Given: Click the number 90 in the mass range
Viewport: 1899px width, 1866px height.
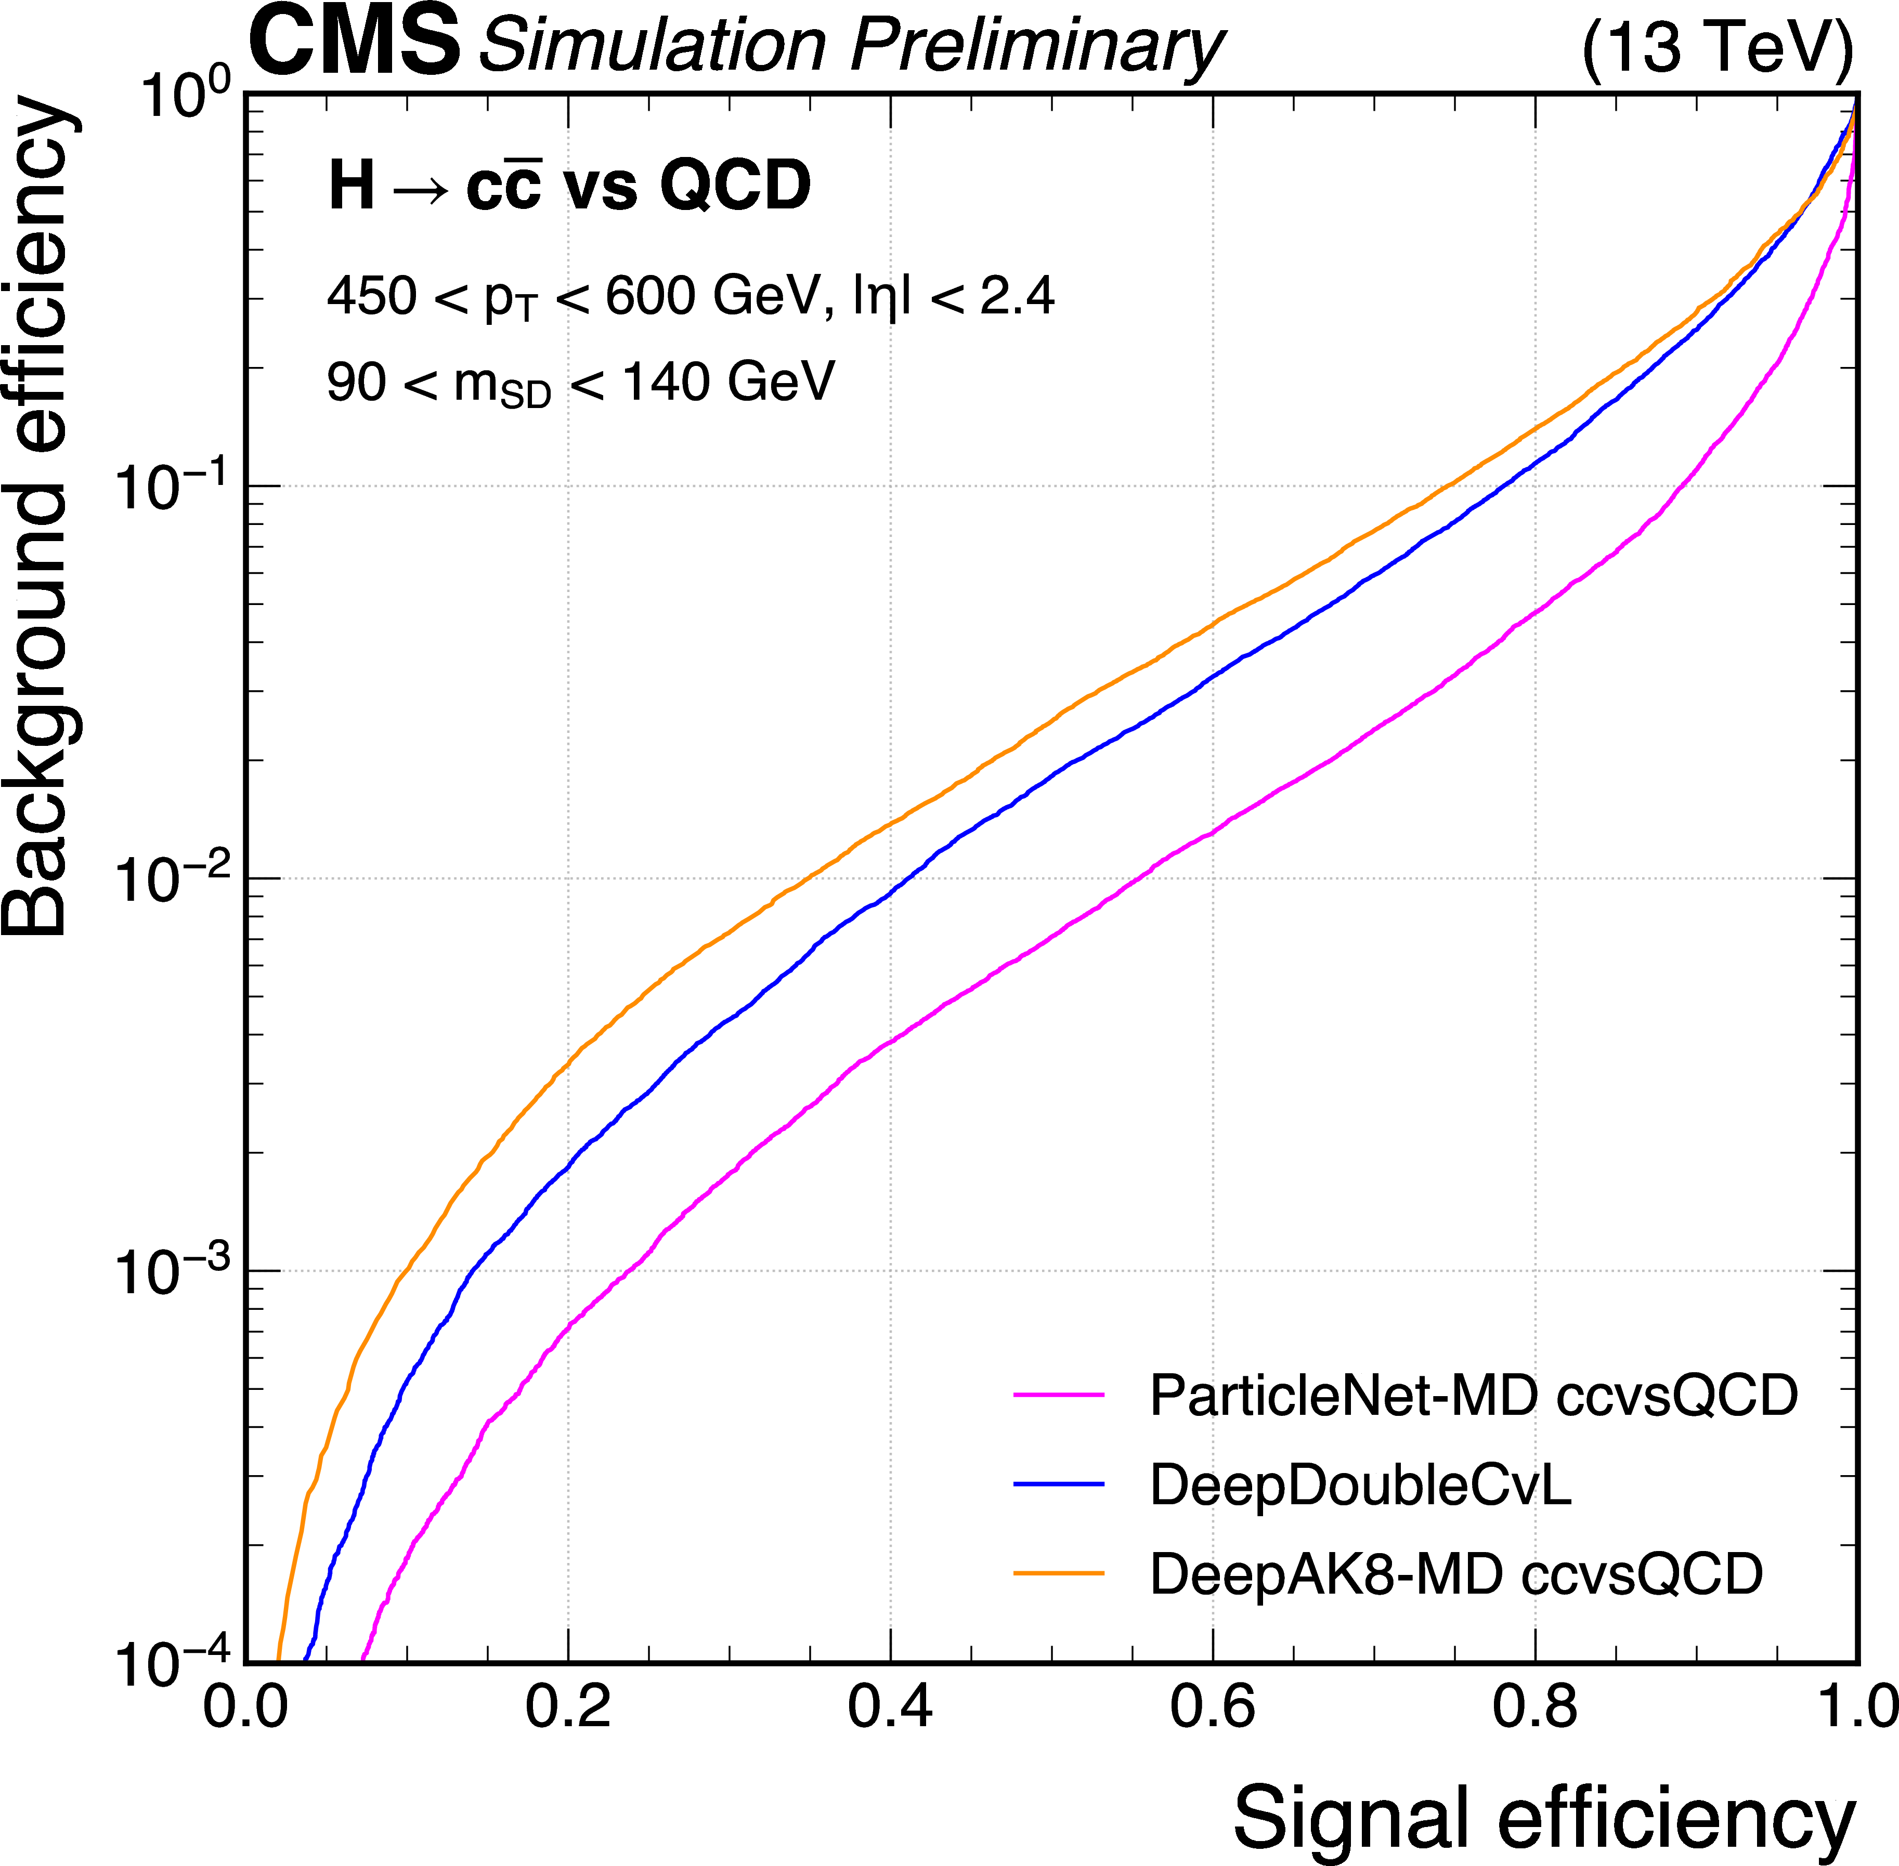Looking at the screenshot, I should point(356,382).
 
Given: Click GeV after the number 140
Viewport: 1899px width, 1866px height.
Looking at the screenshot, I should point(782,382).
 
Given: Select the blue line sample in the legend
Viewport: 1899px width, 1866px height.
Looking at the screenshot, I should point(1059,1484).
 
